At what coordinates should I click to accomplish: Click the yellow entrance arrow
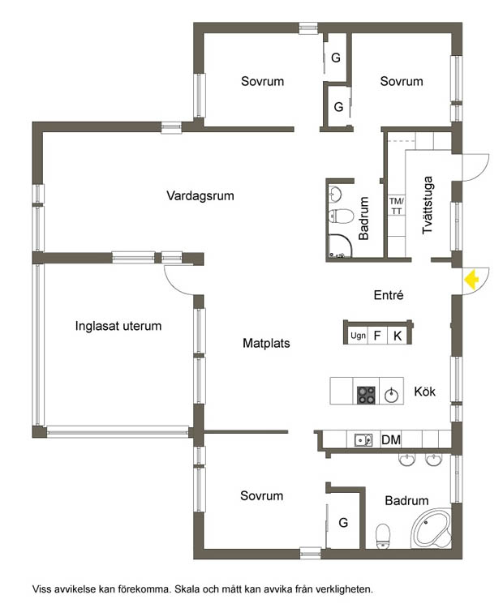click(x=471, y=280)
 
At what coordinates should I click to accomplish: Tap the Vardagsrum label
click(x=200, y=195)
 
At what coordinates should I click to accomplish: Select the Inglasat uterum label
click(x=118, y=326)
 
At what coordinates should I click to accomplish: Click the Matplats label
click(x=266, y=343)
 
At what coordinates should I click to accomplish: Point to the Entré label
click(x=389, y=295)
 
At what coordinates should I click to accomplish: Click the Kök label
click(x=424, y=392)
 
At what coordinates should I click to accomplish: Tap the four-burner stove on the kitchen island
click(x=367, y=395)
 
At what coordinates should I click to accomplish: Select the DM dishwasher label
click(x=391, y=439)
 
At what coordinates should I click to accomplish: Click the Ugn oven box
click(x=358, y=336)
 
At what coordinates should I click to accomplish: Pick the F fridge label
click(x=377, y=336)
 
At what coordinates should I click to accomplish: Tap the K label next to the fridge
click(x=398, y=336)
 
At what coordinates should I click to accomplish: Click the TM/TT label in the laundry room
click(x=396, y=206)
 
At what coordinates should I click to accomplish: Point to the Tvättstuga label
click(x=428, y=205)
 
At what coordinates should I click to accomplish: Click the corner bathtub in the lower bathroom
click(x=432, y=528)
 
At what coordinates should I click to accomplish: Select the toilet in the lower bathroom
click(x=383, y=536)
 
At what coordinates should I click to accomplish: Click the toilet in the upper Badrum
click(x=342, y=216)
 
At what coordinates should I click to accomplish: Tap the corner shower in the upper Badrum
click(x=340, y=246)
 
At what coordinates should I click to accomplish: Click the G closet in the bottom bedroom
click(x=343, y=523)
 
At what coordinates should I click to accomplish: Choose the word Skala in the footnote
click(x=187, y=589)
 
